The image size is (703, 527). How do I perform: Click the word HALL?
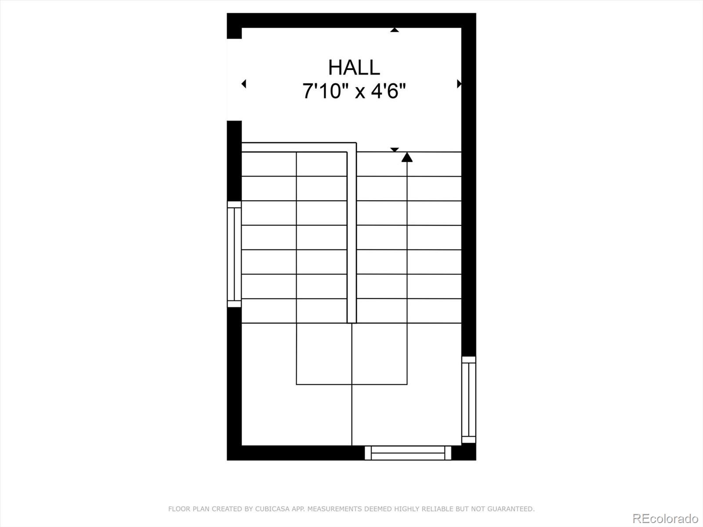pyautogui.click(x=354, y=68)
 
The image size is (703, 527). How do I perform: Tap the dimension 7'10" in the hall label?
pyautogui.click(x=326, y=91)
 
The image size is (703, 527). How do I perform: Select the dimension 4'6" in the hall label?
pyautogui.click(x=388, y=91)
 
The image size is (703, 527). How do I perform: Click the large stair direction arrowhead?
pyautogui.click(x=407, y=157)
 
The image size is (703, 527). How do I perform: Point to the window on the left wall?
pyautogui.click(x=234, y=254)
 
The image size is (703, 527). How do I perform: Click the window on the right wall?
pyautogui.click(x=468, y=400)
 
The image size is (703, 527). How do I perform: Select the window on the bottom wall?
pyautogui.click(x=408, y=453)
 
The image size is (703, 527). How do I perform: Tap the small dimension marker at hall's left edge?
pyautogui.click(x=244, y=84)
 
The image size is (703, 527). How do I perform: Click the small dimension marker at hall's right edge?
pyautogui.click(x=459, y=84)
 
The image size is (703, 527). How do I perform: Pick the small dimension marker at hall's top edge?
pyautogui.click(x=395, y=30)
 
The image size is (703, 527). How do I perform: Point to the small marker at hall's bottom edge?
pyautogui.click(x=395, y=149)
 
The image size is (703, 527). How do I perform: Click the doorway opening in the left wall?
pyautogui.click(x=234, y=79)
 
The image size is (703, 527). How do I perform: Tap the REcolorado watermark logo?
pyautogui.click(x=666, y=518)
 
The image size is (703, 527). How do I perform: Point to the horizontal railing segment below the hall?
pyautogui.click(x=299, y=147)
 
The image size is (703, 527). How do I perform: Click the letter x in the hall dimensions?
pyautogui.click(x=360, y=93)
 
